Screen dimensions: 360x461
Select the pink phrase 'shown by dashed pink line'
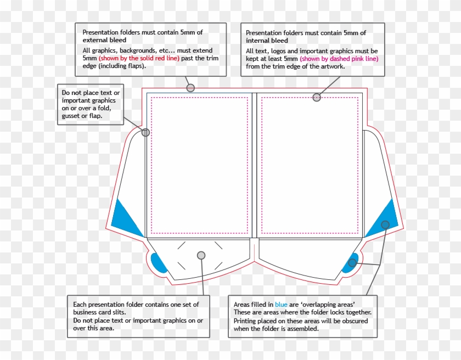coord(339,59)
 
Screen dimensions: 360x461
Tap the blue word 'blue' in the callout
coord(281,305)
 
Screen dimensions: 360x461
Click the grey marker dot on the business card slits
coord(201,255)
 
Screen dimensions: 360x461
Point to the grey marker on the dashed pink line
coord(317,98)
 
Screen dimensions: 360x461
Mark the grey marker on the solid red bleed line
coord(190,88)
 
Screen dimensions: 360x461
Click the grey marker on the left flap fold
coord(145,132)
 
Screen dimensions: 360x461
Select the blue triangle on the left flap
coord(124,217)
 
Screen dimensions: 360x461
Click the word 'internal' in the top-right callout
coord(258,41)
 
